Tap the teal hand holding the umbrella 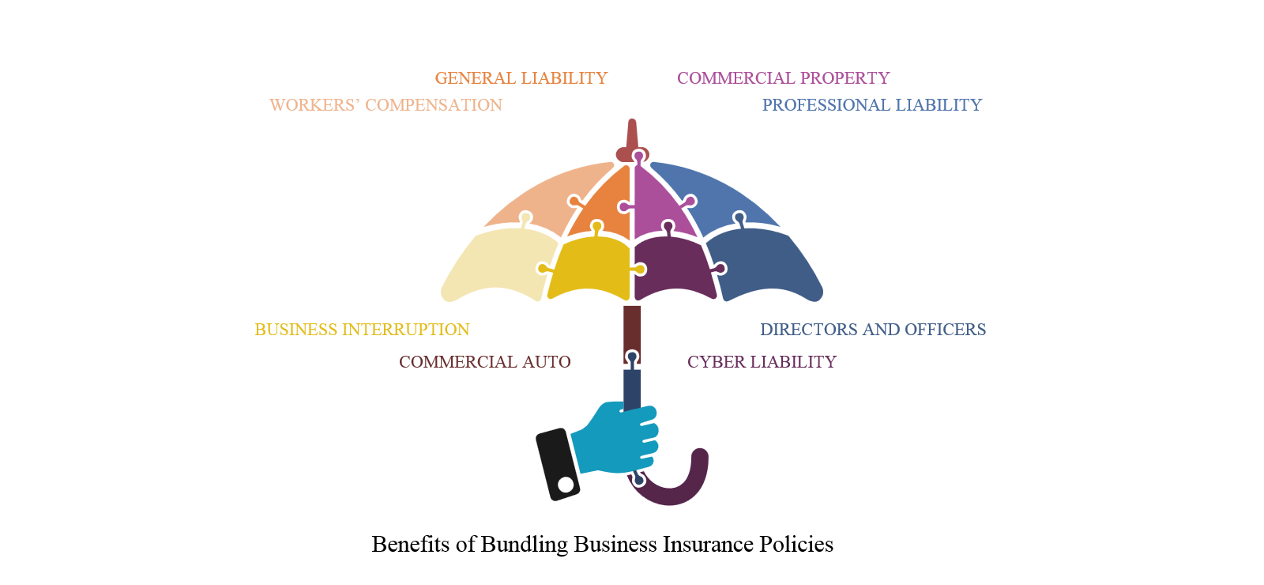[x=616, y=443]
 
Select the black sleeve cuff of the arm [x=553, y=466]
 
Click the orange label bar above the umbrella [x=545, y=85]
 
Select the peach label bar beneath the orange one [x=379, y=112]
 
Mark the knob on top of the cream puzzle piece [x=525, y=219]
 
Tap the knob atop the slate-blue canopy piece [x=740, y=217]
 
